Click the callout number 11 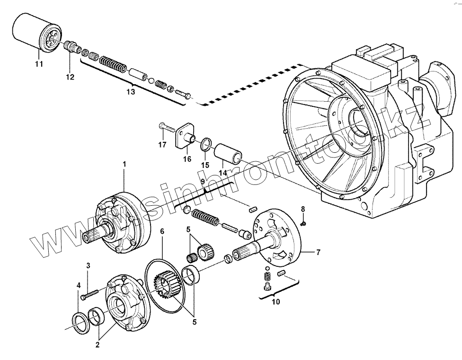(x=38, y=63)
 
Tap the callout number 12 (x=70, y=77)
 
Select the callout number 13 (x=131, y=91)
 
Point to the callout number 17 (x=162, y=145)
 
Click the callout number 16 (x=187, y=159)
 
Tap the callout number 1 (x=124, y=164)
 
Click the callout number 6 (x=162, y=231)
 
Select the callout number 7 (x=318, y=252)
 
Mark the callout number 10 (x=276, y=301)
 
